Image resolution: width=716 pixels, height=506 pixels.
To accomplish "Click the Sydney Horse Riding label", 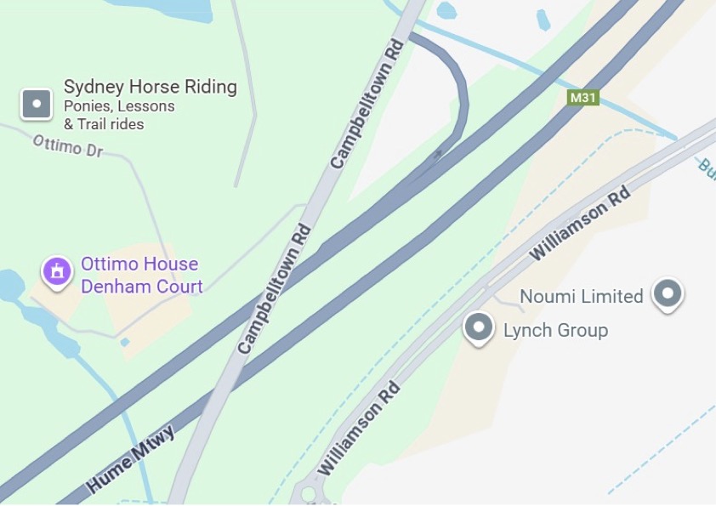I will (150, 87).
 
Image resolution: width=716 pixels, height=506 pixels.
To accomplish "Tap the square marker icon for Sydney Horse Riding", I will (37, 105).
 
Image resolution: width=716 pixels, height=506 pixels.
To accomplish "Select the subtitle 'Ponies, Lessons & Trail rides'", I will (119, 116).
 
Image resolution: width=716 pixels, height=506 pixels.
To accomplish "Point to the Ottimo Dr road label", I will (67, 145).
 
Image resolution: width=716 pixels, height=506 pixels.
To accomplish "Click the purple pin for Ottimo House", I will (58, 272).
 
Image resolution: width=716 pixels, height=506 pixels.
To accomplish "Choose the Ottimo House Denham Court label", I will (141, 275).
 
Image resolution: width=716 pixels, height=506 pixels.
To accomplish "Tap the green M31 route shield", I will (583, 97).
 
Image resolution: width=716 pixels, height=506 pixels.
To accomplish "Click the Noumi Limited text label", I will (581, 296).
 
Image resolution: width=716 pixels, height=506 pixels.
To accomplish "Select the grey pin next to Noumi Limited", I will (668, 293).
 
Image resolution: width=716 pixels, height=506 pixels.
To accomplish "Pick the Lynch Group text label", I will (555, 330).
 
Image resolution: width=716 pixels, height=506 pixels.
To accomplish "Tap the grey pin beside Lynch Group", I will (480, 327).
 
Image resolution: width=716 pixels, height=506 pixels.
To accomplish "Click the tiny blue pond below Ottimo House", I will (125, 342).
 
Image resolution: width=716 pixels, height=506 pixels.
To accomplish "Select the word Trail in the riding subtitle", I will (96, 124).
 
